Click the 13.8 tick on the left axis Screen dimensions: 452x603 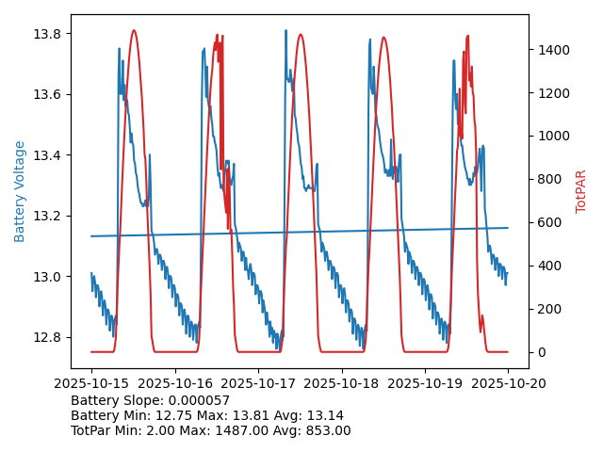pos(49,34)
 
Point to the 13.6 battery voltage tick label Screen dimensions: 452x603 pos(49,94)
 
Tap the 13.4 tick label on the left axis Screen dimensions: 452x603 pos(49,155)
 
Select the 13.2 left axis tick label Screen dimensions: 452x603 pos(49,216)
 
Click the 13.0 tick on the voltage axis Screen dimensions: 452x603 pos(49,277)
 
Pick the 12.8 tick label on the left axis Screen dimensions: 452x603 pos(49,337)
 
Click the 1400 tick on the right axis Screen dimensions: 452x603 pos(550,50)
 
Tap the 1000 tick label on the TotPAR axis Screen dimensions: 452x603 pos(550,137)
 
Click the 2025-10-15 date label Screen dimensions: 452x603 pos(91,383)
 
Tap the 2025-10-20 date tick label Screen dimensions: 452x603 pos(508,383)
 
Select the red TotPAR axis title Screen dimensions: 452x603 pos(581,191)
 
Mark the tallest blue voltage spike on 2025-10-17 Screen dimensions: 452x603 pos(285,31)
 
